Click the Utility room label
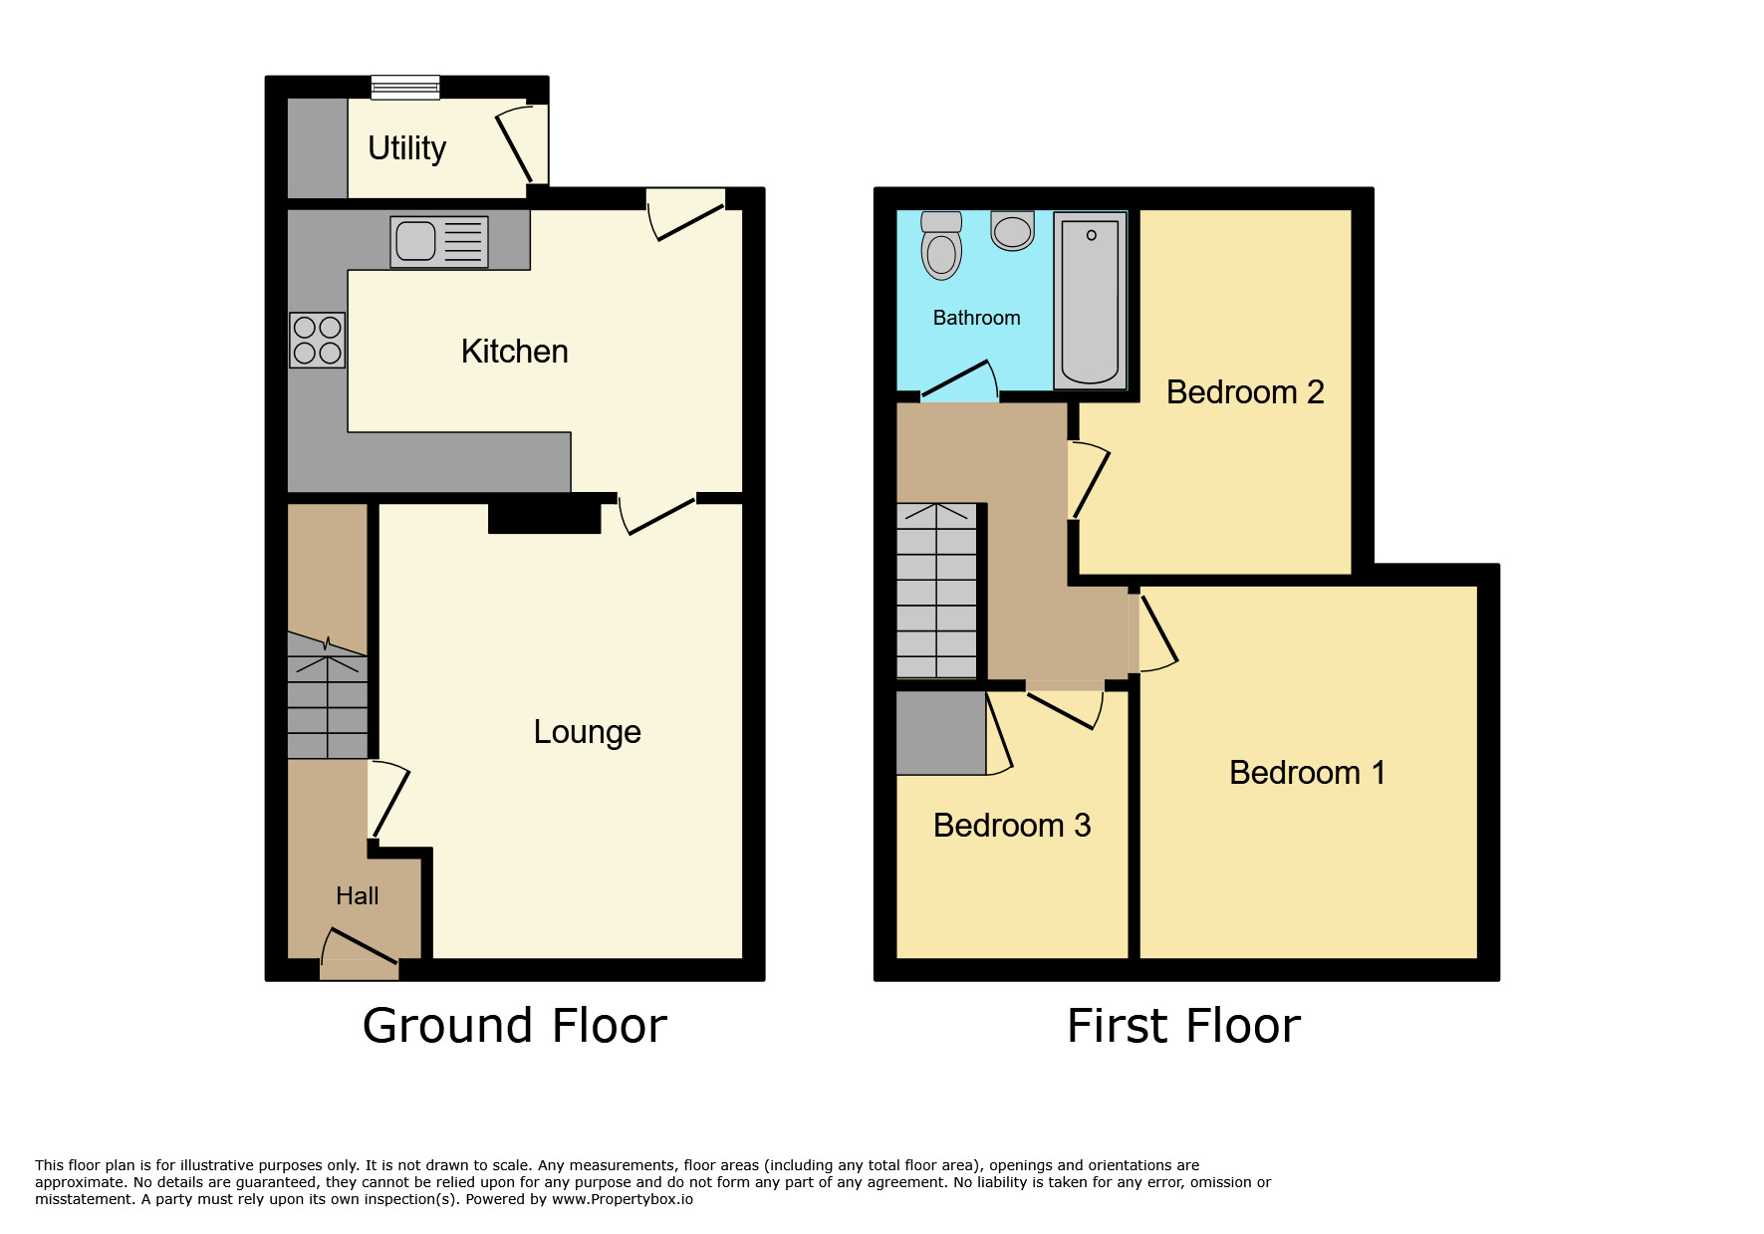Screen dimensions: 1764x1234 coord(406,148)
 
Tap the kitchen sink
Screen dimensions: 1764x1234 coord(439,241)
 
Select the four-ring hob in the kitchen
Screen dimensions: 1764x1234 coord(318,340)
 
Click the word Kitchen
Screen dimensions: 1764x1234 coord(514,352)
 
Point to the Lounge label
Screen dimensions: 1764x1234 coord(587,732)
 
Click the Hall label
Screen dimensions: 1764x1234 coord(358,896)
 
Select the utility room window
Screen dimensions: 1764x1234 coord(405,88)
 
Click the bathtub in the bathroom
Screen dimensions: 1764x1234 coord(1091,301)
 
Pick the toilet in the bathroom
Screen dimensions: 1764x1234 coord(941,245)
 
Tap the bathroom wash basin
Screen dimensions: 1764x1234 coord(1013,231)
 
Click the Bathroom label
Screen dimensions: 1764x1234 coord(976,318)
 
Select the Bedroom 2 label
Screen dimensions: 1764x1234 coord(1245,392)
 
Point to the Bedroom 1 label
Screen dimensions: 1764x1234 coord(1307,773)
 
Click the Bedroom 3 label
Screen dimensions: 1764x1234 coord(1012,826)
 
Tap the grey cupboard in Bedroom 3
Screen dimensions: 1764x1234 coord(941,733)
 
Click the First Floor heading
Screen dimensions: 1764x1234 coord(1183,1026)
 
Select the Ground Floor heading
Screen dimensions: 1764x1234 coord(514,1026)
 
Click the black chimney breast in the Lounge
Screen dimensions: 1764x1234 coord(545,518)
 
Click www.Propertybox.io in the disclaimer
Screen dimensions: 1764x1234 coord(623,1199)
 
